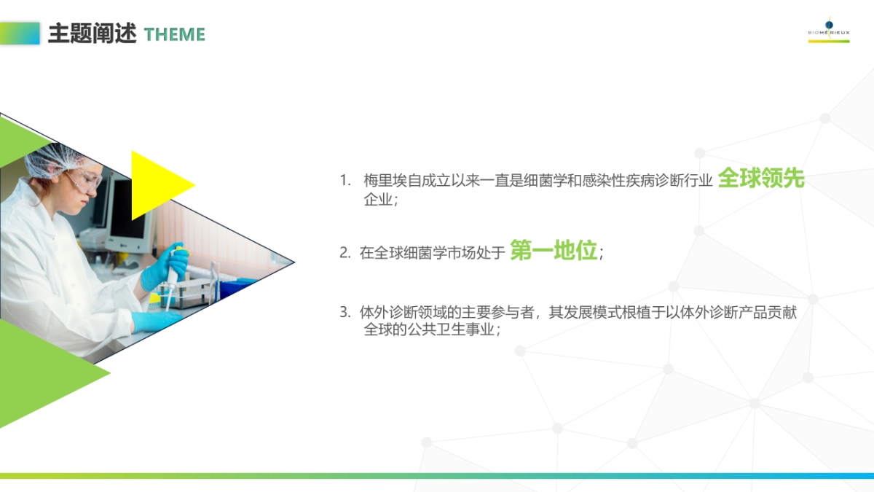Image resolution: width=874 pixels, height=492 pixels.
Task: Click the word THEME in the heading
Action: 174,34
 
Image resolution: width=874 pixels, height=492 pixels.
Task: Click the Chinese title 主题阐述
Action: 92,34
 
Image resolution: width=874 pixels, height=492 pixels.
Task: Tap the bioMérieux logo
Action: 829,30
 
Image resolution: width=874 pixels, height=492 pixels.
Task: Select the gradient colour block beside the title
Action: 20,34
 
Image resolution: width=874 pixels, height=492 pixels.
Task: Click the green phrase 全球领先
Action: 761,178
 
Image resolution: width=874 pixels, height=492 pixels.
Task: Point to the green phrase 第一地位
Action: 554,250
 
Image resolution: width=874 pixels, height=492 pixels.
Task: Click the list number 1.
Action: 345,181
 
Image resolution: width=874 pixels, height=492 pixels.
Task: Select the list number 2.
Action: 345,253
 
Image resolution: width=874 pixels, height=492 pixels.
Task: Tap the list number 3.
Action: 345,313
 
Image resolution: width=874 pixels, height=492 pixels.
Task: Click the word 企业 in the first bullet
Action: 378,200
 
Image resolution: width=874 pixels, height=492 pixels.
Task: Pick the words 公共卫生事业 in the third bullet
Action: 452,329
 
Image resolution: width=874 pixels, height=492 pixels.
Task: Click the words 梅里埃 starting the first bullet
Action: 385,181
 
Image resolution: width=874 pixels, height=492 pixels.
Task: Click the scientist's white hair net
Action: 55,160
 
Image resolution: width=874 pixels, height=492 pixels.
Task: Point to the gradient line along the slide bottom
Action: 437,476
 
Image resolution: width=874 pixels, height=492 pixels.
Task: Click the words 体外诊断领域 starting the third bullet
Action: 403,313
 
